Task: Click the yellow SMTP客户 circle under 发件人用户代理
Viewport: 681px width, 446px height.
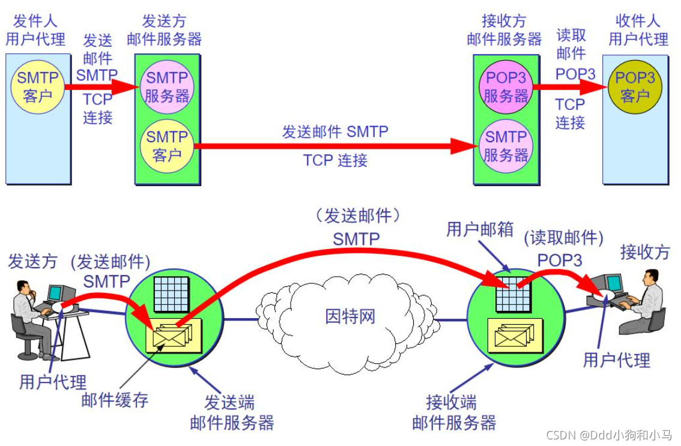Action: click(38, 86)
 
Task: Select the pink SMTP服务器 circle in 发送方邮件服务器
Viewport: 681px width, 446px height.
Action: click(168, 86)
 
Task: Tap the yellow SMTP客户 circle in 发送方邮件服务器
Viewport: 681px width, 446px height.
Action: click(168, 146)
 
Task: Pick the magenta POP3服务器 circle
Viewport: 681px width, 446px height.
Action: click(506, 86)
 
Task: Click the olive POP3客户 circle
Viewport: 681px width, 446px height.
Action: click(635, 86)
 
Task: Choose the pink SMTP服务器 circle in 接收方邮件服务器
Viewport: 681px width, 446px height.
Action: click(506, 146)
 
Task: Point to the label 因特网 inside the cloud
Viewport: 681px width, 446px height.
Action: click(350, 316)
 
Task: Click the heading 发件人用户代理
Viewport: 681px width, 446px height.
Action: click(35, 30)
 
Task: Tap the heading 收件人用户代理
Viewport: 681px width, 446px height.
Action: click(638, 30)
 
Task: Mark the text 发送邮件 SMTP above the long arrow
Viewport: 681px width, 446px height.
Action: click(335, 131)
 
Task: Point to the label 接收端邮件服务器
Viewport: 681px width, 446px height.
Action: click(454, 412)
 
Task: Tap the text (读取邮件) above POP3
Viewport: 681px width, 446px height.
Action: click(563, 238)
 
